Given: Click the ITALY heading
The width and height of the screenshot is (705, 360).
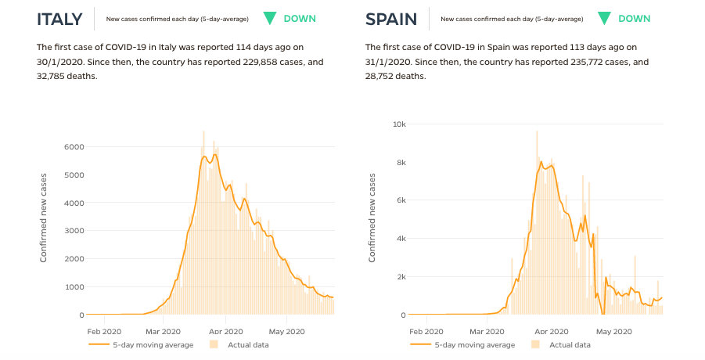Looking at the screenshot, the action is point(59,20).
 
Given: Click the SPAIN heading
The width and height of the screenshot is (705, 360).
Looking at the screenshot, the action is point(391,20).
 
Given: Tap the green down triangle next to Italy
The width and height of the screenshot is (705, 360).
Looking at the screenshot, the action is point(270,19).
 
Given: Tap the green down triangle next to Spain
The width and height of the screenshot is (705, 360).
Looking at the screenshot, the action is point(604,19).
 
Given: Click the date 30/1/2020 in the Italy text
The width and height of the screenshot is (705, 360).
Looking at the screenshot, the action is point(56,62).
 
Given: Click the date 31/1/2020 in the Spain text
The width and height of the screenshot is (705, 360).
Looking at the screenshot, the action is point(384,62).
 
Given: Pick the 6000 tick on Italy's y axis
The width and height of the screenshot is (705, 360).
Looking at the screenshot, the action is point(74,147).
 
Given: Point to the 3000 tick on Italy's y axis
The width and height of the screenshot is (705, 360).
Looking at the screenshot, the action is point(74,231).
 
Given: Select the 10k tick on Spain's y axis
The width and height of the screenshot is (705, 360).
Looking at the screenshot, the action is point(399,124).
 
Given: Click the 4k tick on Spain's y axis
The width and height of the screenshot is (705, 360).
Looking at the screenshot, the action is point(401,239).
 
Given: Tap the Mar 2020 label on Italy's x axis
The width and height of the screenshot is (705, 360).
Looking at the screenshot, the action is point(163,332).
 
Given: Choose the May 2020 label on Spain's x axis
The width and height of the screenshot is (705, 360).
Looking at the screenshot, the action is point(614,332).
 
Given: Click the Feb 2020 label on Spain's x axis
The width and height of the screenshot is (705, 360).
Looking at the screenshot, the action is point(426,332).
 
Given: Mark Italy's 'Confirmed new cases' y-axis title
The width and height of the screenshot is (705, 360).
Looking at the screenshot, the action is point(44,218).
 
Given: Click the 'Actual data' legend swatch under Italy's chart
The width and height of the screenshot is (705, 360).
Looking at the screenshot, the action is point(214,344).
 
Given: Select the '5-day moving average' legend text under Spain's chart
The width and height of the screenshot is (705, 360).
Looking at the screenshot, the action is point(475,345).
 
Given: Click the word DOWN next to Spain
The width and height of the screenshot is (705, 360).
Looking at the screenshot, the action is point(635,19).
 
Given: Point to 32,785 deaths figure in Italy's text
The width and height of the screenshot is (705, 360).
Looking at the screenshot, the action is point(51,77).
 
